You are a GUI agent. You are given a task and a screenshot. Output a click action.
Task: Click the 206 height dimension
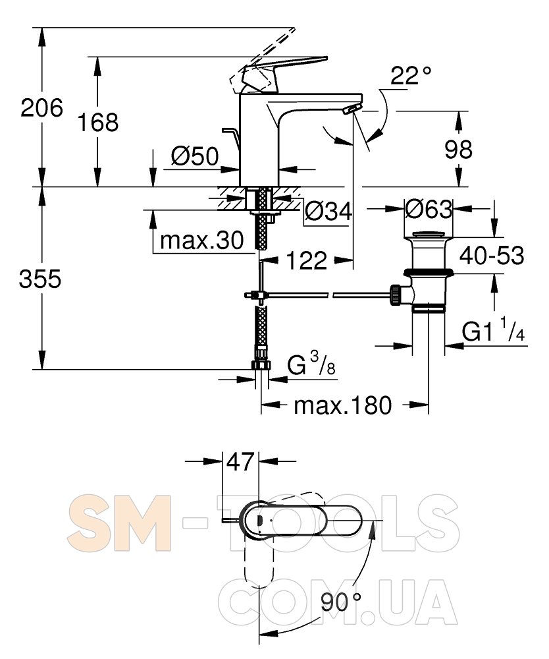pyautogui.click(x=41, y=108)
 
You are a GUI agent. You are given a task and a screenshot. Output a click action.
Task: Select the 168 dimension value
pyautogui.click(x=98, y=123)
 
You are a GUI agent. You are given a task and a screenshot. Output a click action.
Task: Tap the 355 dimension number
pyautogui.click(x=40, y=279)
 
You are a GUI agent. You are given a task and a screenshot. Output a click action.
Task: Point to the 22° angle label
pyautogui.click(x=411, y=76)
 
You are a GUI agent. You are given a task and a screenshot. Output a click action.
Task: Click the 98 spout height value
pyautogui.click(x=458, y=149)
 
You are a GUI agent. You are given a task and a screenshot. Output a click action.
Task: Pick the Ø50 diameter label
pyautogui.click(x=195, y=156)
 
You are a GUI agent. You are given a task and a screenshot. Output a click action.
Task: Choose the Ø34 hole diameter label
pyautogui.click(x=328, y=211)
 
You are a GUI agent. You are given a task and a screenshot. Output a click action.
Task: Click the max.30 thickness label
pyautogui.click(x=202, y=241)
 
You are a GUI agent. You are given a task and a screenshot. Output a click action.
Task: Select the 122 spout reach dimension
pyautogui.click(x=306, y=260)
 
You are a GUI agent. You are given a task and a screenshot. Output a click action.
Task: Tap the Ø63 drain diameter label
pyautogui.click(x=429, y=208)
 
